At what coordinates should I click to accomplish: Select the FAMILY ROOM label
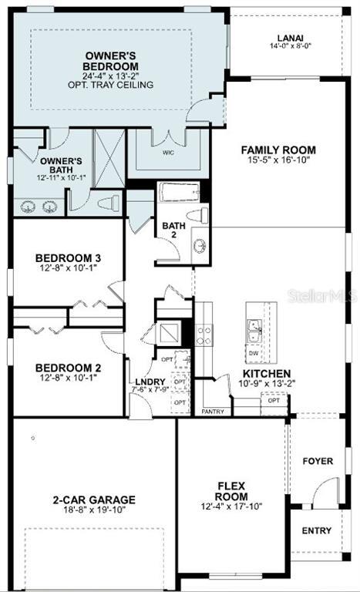tap(278, 150)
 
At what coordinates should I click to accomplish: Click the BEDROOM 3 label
tap(69, 257)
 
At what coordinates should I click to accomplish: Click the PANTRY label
tap(213, 412)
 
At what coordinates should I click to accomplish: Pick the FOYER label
tap(318, 461)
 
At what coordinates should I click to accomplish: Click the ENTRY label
tap(317, 530)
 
